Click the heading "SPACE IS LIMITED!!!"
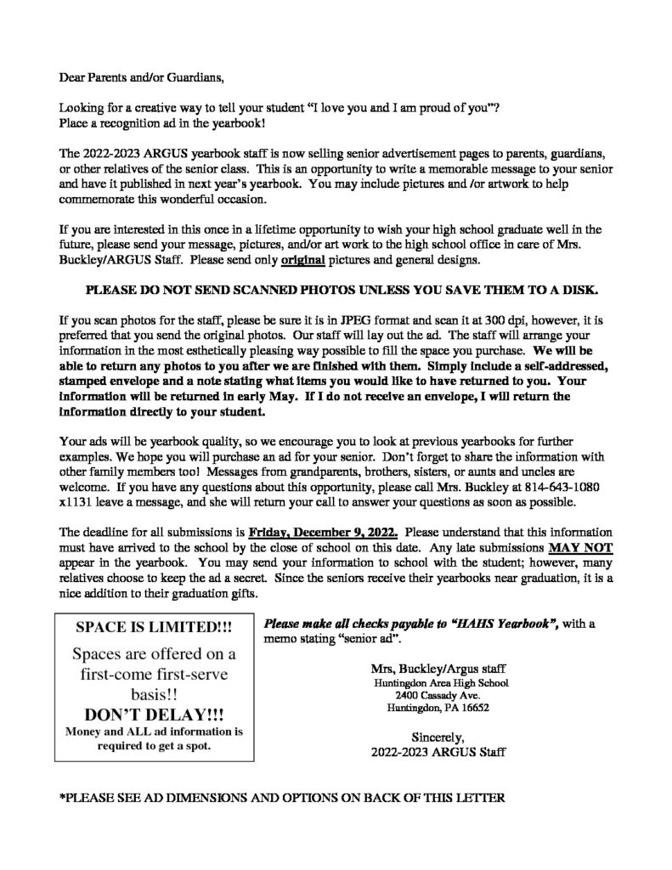tap(154, 628)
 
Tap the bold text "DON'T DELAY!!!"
tap(154, 710)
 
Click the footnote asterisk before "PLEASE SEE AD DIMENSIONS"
tap(61, 799)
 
